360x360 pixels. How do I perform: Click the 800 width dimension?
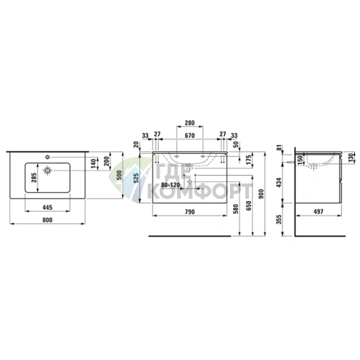click(x=47, y=220)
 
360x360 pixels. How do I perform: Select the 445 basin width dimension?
click(x=47, y=208)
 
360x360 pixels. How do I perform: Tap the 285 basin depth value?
click(x=34, y=178)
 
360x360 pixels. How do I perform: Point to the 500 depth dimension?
click(x=119, y=175)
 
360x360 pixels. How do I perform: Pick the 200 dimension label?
click(x=107, y=161)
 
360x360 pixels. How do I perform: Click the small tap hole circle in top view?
click(x=48, y=157)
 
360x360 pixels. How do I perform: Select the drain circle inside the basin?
click(x=48, y=171)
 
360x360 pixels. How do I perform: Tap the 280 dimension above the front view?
click(x=189, y=123)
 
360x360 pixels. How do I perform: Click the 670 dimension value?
click(x=189, y=136)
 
